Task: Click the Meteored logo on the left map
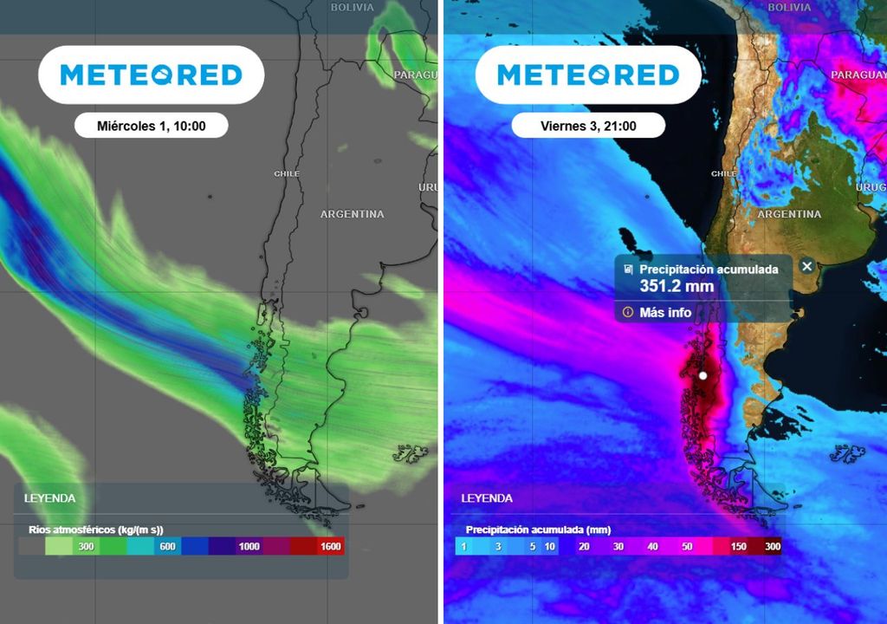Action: (x=151, y=75)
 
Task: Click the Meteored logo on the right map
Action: (x=588, y=75)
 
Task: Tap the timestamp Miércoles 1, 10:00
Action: (x=152, y=126)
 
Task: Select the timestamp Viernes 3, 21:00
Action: (x=588, y=126)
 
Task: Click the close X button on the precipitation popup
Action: (x=807, y=266)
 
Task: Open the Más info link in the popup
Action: (x=665, y=312)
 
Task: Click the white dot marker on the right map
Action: (x=703, y=375)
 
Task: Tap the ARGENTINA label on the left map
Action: (x=352, y=214)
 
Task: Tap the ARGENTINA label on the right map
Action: (x=789, y=214)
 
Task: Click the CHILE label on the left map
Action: (x=287, y=174)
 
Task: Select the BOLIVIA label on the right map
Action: (x=789, y=7)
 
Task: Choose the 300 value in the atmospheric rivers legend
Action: (x=86, y=546)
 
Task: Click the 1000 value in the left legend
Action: (x=249, y=546)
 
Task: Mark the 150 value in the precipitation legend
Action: (x=739, y=546)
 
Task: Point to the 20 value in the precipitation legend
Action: (x=584, y=546)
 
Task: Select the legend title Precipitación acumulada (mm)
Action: (x=538, y=529)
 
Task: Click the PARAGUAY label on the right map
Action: (x=858, y=75)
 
